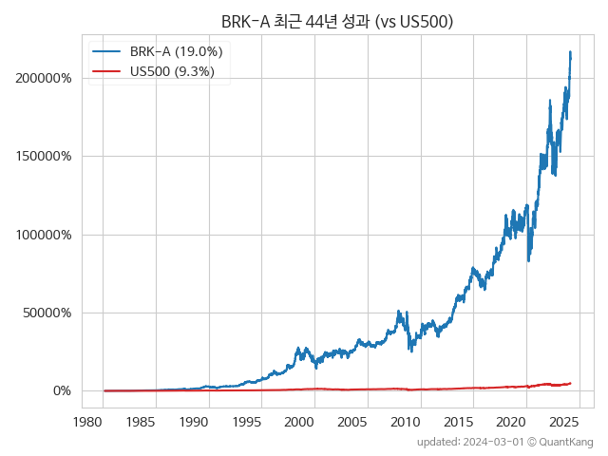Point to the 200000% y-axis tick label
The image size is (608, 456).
(43, 78)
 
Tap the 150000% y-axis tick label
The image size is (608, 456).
(43, 156)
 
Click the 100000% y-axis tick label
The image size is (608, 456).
(43, 235)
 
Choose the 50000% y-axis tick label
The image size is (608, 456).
(47, 313)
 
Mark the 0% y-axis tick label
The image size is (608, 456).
(62, 390)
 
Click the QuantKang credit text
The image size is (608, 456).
(566, 442)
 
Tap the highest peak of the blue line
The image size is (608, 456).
(570, 51)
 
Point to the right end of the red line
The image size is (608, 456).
(570, 383)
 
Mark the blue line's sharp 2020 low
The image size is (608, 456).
(528, 260)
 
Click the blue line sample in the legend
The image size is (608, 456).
(106, 51)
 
